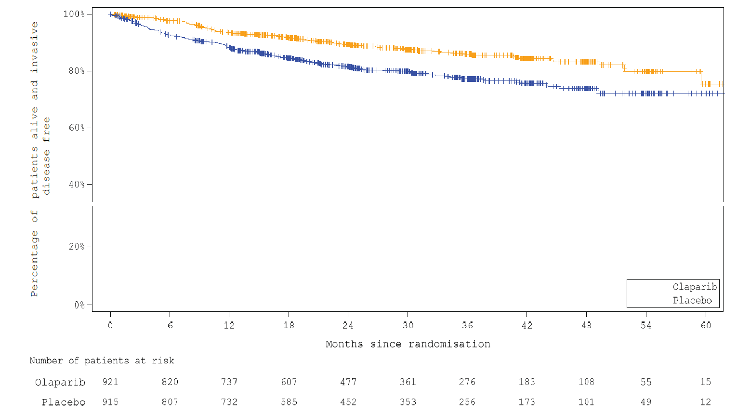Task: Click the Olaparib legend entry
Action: click(x=695, y=287)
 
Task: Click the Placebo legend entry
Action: click(x=692, y=301)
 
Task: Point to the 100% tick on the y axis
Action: click(x=74, y=14)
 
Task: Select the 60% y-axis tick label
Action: click(x=76, y=128)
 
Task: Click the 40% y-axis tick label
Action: click(x=76, y=185)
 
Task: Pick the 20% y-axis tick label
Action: click(x=76, y=246)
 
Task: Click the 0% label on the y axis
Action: click(x=79, y=305)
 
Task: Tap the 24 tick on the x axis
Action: click(x=348, y=325)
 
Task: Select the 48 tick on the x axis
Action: click(x=586, y=325)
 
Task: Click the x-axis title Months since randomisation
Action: click(x=408, y=344)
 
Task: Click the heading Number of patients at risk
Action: click(x=102, y=361)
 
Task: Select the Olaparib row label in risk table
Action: click(x=60, y=382)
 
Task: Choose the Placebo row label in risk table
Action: click(x=64, y=402)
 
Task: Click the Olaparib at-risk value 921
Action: click(x=110, y=382)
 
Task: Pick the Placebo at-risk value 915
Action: click(x=110, y=402)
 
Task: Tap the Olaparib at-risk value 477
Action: click(x=348, y=382)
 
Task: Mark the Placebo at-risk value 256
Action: click(x=467, y=402)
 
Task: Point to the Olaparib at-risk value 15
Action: click(x=705, y=382)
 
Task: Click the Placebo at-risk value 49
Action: click(x=646, y=402)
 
